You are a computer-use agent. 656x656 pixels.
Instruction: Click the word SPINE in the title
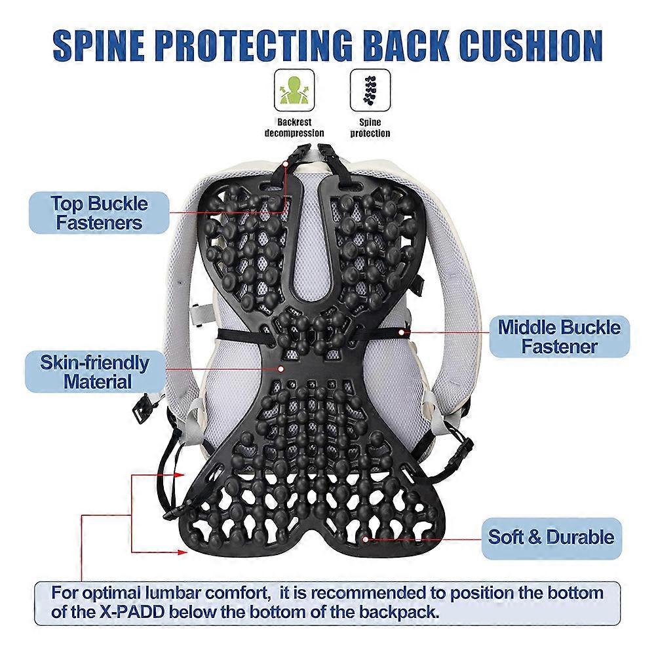[x=99, y=46]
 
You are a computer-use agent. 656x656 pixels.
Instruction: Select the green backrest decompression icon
[x=294, y=90]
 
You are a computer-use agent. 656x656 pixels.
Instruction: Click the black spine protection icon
[x=370, y=90]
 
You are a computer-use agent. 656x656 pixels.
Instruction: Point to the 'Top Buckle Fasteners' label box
[x=99, y=212]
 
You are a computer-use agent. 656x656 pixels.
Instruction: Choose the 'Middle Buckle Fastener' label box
[x=560, y=337]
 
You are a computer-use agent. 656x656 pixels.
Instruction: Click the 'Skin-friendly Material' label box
[x=95, y=372]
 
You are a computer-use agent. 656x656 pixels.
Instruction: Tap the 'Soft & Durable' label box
[x=551, y=539]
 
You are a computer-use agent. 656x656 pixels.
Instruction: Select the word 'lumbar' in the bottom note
[x=173, y=593]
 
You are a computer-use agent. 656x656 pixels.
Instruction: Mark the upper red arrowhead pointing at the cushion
[x=180, y=475]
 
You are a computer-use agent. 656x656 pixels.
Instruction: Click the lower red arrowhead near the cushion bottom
[x=182, y=552]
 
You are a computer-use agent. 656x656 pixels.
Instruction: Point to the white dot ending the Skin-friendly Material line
[x=280, y=369]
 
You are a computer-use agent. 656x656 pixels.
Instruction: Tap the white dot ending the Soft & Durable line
[x=365, y=539]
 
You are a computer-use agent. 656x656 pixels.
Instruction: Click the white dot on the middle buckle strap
[x=402, y=333]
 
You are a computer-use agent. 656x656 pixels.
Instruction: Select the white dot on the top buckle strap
[x=286, y=164]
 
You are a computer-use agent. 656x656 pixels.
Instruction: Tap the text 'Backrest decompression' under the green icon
[x=294, y=128]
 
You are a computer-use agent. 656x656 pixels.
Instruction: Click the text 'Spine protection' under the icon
[x=370, y=128]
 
